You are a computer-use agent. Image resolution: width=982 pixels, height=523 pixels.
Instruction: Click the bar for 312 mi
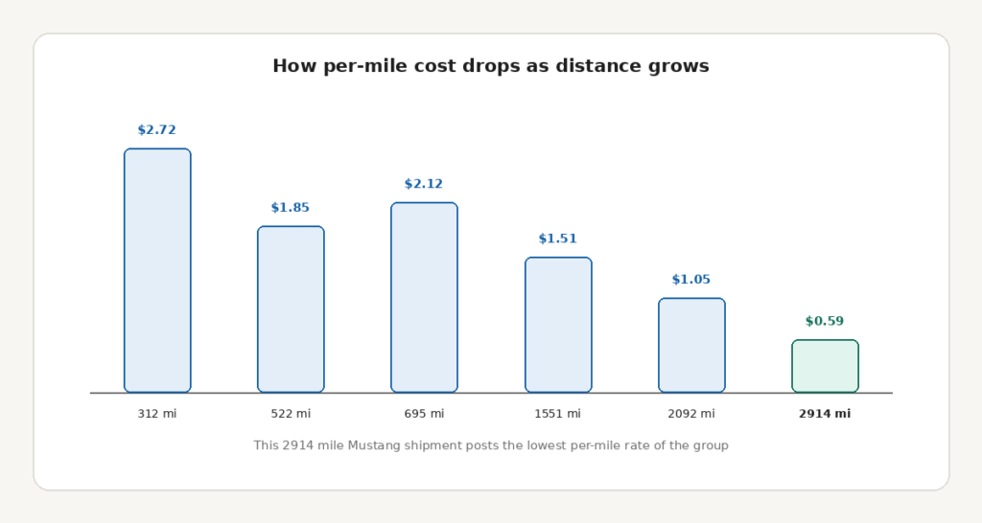pyautogui.click(x=157, y=270)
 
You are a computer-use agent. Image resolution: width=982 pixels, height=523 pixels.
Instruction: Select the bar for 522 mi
pyautogui.click(x=291, y=309)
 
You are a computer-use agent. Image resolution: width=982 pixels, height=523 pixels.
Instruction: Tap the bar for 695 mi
pyautogui.click(x=424, y=297)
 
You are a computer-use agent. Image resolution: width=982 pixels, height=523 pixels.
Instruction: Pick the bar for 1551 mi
pyautogui.click(x=558, y=325)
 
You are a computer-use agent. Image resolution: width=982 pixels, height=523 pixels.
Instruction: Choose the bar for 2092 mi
pyautogui.click(x=691, y=346)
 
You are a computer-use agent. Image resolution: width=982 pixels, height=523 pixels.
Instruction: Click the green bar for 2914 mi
pyautogui.click(x=825, y=366)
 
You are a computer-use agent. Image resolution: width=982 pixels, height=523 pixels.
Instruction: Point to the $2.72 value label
pyautogui.click(x=157, y=130)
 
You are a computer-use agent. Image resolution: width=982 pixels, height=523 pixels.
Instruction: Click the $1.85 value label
pyautogui.click(x=291, y=208)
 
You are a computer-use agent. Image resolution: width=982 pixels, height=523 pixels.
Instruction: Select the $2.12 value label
pyautogui.click(x=424, y=184)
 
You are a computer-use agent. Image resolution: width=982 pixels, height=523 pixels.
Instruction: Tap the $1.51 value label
pyautogui.click(x=558, y=239)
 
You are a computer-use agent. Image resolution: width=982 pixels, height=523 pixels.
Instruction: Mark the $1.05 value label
pyautogui.click(x=691, y=280)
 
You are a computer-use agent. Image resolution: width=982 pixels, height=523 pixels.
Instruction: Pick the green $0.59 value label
pyautogui.click(x=825, y=322)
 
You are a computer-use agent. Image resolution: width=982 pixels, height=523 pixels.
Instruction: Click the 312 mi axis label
pyautogui.click(x=157, y=414)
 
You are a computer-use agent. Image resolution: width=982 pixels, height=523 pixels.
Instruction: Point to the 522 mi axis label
pyautogui.click(x=291, y=414)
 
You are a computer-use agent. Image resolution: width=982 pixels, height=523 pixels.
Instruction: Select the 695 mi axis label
pyautogui.click(x=424, y=414)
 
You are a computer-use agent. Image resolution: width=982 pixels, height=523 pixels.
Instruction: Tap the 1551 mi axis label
pyautogui.click(x=558, y=414)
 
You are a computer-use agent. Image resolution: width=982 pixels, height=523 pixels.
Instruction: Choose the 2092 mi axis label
pyautogui.click(x=691, y=414)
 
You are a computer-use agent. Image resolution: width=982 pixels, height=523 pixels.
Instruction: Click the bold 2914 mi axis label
pyautogui.click(x=825, y=414)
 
